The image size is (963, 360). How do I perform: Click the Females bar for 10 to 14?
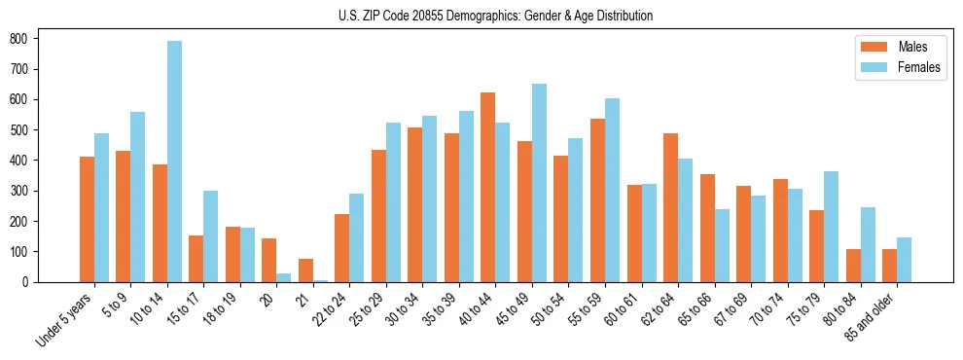click(x=174, y=162)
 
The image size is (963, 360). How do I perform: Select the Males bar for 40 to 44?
click(x=488, y=187)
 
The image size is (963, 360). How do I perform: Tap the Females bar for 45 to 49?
click(x=539, y=183)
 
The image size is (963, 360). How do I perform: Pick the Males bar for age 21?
click(x=305, y=270)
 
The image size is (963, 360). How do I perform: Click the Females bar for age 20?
click(x=283, y=277)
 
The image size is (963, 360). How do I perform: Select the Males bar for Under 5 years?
click(x=87, y=219)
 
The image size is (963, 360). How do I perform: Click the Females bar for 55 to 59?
click(x=612, y=190)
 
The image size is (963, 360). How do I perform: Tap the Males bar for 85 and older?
click(x=889, y=266)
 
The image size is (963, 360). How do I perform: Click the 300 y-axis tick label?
click(x=28, y=191)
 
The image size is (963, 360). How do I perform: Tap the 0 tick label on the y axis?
click(x=33, y=282)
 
